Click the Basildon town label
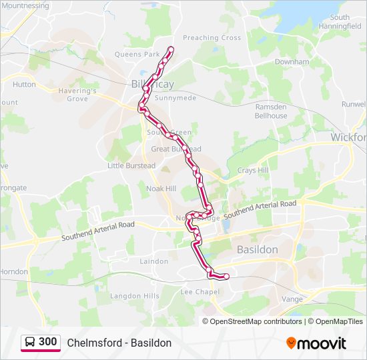click(x=258, y=249)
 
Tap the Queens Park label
click(x=137, y=54)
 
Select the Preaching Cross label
click(x=212, y=38)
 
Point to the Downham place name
click(x=292, y=62)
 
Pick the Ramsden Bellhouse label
click(x=271, y=111)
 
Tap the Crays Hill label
click(x=253, y=171)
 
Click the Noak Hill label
click(x=161, y=189)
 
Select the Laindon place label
click(x=154, y=261)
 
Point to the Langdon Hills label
click(x=134, y=295)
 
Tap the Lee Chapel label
click(x=200, y=292)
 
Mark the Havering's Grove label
click(x=77, y=95)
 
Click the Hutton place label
click(x=24, y=85)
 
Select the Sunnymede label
click(x=175, y=97)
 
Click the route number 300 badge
click(x=41, y=342)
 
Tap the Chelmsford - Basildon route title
click(x=119, y=343)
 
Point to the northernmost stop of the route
click(x=171, y=49)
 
